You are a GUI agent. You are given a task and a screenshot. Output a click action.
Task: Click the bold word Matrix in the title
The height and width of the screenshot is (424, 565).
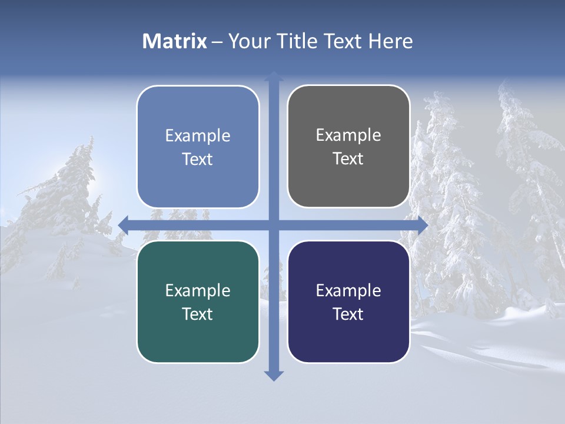174,41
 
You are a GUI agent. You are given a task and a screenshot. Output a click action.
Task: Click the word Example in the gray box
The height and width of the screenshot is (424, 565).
348,135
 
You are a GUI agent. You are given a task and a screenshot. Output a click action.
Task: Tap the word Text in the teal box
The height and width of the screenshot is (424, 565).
198,314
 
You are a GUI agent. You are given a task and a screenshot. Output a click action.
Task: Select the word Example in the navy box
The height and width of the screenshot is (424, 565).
348,290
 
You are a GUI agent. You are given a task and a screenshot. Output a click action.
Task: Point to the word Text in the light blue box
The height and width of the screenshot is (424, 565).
198,159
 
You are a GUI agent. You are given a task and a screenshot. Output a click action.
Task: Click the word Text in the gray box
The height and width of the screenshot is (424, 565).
348,158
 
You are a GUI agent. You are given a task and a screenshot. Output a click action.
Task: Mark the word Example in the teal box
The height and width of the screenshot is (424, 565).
198,290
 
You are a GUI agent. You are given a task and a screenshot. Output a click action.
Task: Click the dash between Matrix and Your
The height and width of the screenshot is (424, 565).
217,42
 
